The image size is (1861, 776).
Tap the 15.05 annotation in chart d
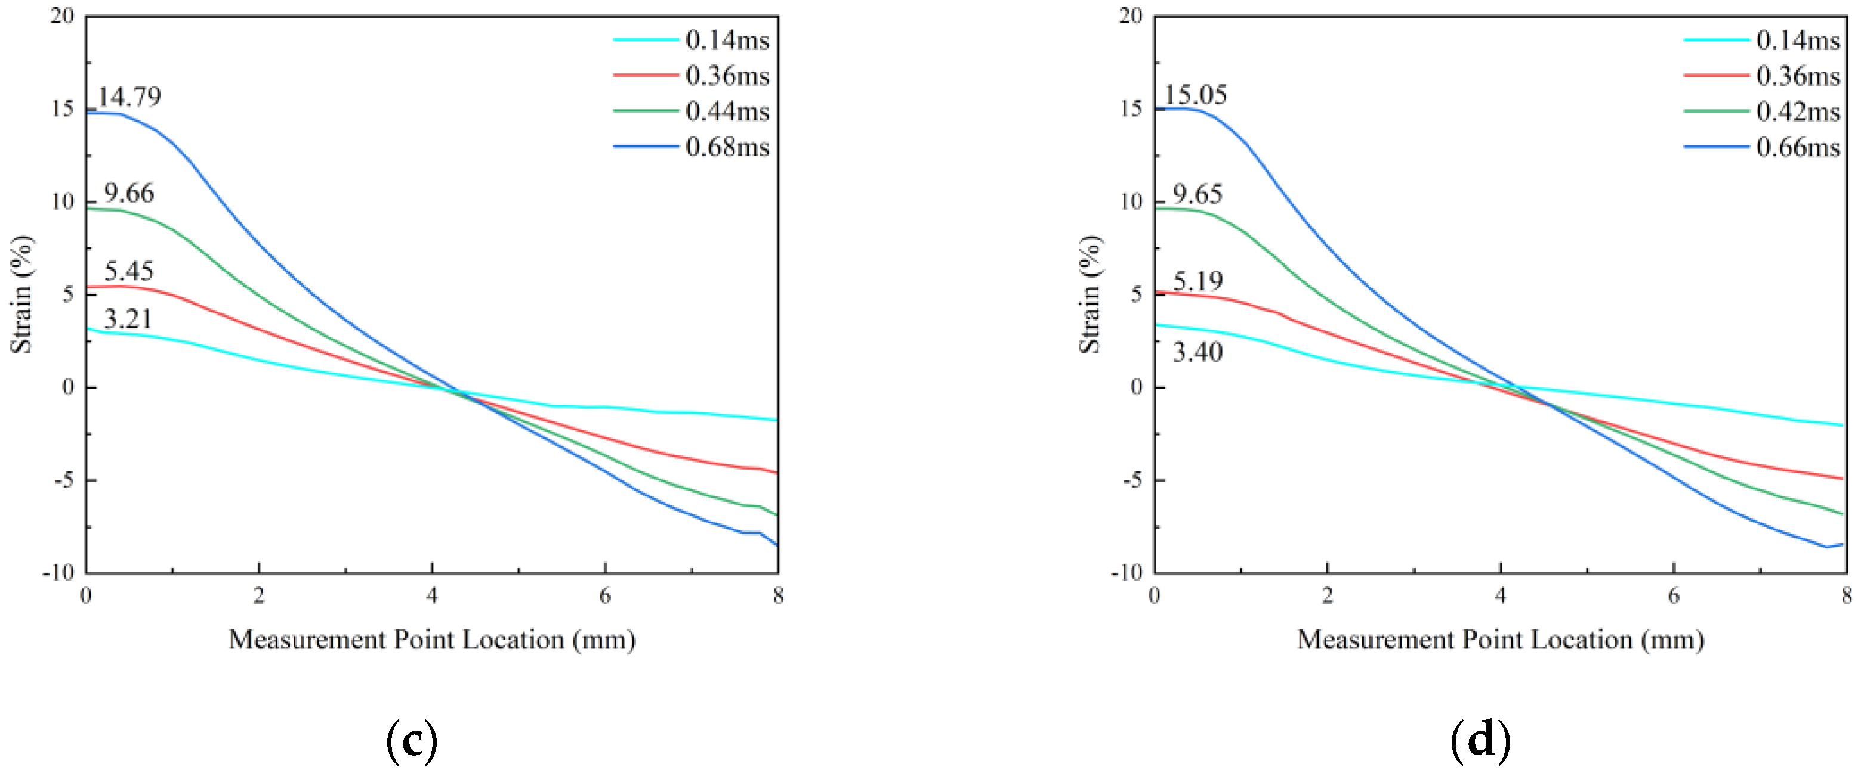[x=1195, y=95]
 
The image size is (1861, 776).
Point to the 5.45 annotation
[x=129, y=271]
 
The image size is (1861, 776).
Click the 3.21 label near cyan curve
[x=128, y=318]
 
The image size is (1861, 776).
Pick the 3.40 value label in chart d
[x=1197, y=352]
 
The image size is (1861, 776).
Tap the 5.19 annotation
[x=1197, y=281]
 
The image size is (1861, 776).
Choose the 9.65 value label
[x=1197, y=194]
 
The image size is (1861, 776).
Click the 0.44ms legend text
[x=727, y=111]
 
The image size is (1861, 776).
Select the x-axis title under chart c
[x=432, y=640]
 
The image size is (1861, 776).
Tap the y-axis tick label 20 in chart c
[x=63, y=16]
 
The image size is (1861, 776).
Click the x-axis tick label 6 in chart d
[x=1673, y=595]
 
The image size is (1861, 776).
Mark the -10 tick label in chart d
[x=1127, y=572]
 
